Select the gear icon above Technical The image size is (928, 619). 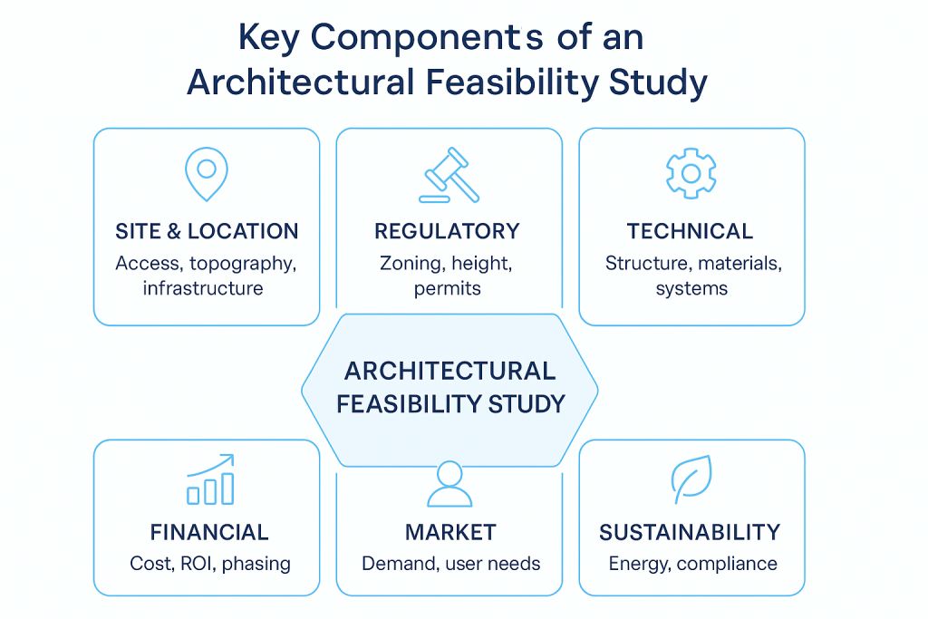point(691,173)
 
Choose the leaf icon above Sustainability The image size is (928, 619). point(691,479)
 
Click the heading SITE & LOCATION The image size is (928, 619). point(207,231)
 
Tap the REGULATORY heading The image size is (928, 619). point(447,231)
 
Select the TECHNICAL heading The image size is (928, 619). point(690,231)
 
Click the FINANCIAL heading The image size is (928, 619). point(209,533)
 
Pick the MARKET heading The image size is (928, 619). point(450,533)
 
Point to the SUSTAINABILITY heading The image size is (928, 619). point(690,533)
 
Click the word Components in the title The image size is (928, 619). point(427,39)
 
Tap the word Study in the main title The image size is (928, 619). point(658,82)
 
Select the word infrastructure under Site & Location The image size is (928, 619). point(203,288)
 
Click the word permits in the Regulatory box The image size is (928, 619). point(448,289)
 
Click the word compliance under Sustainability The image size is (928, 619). point(727,564)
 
